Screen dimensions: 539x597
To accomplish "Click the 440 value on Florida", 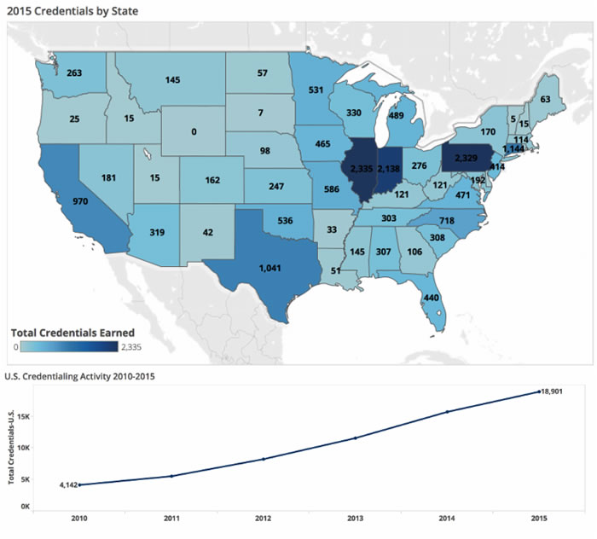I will point(431,298).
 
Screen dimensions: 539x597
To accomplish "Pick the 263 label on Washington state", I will point(74,73).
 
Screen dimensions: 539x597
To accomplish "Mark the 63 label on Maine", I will point(545,100).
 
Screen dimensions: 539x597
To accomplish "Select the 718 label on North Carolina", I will point(446,221).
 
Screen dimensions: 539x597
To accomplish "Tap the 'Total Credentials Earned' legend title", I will point(72,332).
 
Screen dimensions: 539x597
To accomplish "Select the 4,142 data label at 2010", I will point(68,484).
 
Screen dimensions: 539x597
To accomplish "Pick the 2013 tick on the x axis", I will point(354,519).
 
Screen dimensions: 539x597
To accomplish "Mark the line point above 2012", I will point(264,459).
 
